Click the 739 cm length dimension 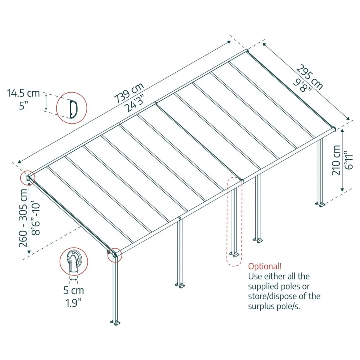(x=129, y=92)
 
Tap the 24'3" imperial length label (x=135, y=104)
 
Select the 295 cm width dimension (x=310, y=77)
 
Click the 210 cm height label (x=336, y=160)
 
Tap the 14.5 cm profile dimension (x=23, y=93)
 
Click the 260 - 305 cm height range (x=23, y=218)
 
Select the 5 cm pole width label (x=74, y=291)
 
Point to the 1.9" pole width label (x=73, y=303)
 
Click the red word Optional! (x=265, y=266)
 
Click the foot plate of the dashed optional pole (x=234, y=254)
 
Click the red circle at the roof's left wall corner (x=27, y=178)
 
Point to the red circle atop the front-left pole (x=115, y=255)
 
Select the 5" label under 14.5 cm (x=23, y=106)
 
